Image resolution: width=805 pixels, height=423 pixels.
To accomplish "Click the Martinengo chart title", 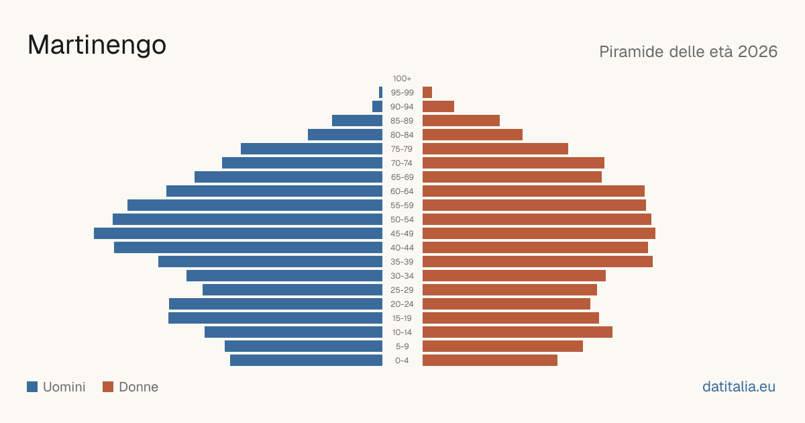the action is pos(97,46).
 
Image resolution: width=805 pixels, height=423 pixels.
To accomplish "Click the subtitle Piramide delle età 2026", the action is pos(688,52).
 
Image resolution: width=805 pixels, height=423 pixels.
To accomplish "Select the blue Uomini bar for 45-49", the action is pos(238,234).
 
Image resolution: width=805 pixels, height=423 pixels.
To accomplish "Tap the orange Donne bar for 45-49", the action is pos(539,234).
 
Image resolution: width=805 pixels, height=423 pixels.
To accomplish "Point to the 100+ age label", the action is pos(402,79).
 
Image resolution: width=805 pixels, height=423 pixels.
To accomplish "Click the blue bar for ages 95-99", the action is pos(380,93).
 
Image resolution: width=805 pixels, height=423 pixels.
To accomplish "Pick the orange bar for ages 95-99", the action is pos(427,93).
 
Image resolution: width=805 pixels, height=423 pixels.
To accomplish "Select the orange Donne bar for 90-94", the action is pos(438,107).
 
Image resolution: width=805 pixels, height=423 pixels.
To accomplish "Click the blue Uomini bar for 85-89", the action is pos(357,120).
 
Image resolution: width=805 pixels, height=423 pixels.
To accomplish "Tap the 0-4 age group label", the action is pos(402,361).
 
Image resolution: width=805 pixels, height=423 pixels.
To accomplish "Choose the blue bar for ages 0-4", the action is pos(306,361).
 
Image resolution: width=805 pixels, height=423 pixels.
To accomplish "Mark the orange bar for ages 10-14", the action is pos(517,332).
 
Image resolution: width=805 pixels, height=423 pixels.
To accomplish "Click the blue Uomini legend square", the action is pos(32,387).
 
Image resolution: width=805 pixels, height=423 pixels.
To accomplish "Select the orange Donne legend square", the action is pos(108,387).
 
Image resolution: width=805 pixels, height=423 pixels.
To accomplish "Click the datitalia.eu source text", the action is pos(739,387).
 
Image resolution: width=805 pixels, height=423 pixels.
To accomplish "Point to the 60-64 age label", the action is pos(402,191).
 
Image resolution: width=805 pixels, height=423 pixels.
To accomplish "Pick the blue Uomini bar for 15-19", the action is pos(275,318).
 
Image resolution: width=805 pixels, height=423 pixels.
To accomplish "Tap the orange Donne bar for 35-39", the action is pos(537,261).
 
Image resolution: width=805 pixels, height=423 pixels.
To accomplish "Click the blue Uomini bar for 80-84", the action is pos(345,134).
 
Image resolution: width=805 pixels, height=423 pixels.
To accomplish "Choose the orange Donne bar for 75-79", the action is pos(495,148).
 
